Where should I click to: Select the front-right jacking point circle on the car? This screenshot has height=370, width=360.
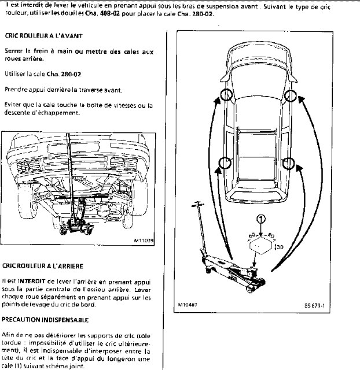pos(291,95)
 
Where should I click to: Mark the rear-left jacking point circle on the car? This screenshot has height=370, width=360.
pos(226,164)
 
